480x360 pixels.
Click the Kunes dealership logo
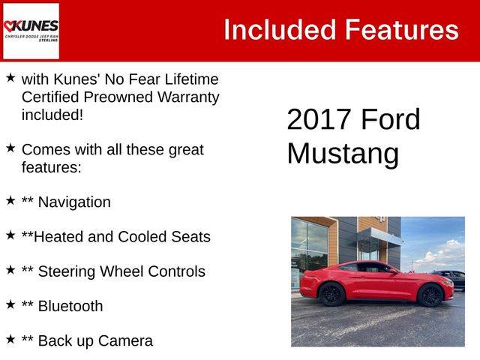(x=31, y=31)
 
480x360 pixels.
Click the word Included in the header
(x=280, y=30)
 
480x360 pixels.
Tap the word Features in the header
(x=402, y=30)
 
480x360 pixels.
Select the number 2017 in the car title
(x=319, y=119)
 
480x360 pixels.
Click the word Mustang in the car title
(x=343, y=154)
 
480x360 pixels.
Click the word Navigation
(x=74, y=202)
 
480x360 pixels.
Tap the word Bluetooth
(x=70, y=306)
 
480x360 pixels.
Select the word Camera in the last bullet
(x=125, y=340)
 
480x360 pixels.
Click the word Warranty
(x=188, y=97)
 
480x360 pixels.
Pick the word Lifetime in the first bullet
(x=192, y=79)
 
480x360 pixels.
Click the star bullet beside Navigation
(x=10, y=201)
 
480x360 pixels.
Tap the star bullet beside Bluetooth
(x=10, y=304)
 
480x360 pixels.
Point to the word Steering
(x=67, y=271)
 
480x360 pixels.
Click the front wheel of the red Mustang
(x=430, y=295)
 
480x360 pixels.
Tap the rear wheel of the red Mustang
(x=331, y=295)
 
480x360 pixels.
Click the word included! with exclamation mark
(x=52, y=115)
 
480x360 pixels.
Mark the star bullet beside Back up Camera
(x=10, y=339)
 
